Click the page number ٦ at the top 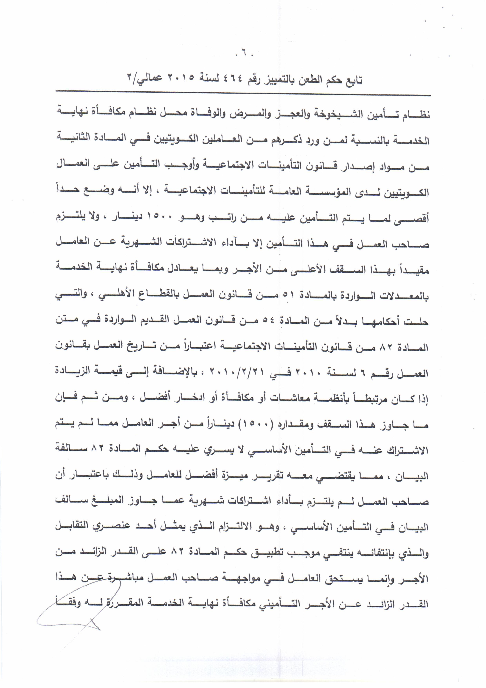(243, 56)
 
